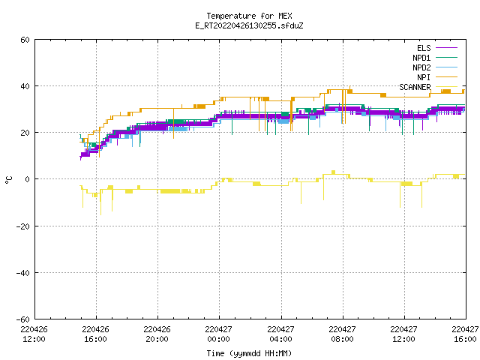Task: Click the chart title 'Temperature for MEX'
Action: (249, 16)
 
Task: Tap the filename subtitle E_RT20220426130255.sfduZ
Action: (249, 25)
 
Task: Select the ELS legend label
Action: (424, 48)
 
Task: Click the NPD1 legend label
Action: (421, 58)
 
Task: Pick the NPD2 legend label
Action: (421, 67)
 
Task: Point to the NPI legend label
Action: (424, 77)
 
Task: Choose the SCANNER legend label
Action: (415, 87)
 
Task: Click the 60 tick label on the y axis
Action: (25, 40)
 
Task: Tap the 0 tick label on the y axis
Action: (28, 179)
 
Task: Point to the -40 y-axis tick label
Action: (23, 273)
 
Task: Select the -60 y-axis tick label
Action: (23, 319)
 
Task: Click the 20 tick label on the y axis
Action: (25, 133)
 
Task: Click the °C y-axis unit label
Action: (8, 180)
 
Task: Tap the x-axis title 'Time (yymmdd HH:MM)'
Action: (249, 353)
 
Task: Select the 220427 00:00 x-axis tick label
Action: (218, 334)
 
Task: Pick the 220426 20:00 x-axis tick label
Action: (157, 334)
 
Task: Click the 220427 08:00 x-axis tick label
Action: (342, 334)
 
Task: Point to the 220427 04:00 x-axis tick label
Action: (280, 334)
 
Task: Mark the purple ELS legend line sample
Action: (447, 48)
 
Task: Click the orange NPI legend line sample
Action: (447, 77)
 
